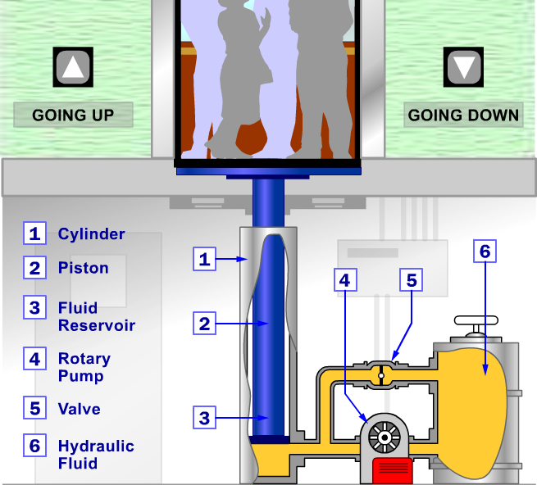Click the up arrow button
click(73, 66)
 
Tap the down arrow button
click(463, 66)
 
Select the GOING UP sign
click(73, 115)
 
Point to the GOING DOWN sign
click(463, 115)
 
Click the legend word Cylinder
click(92, 234)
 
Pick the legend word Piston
click(84, 268)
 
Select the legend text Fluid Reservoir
click(97, 316)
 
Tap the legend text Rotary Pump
click(84, 367)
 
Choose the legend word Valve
click(79, 409)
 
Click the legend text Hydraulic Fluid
click(96, 455)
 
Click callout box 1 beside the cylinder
click(204, 259)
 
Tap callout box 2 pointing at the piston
click(204, 323)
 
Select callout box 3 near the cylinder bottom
click(204, 417)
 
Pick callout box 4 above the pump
click(345, 280)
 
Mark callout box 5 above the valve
click(412, 280)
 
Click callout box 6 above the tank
click(485, 252)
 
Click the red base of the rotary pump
click(393, 470)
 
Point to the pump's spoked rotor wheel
click(385, 437)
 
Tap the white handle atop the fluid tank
click(476, 320)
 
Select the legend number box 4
click(35, 359)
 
